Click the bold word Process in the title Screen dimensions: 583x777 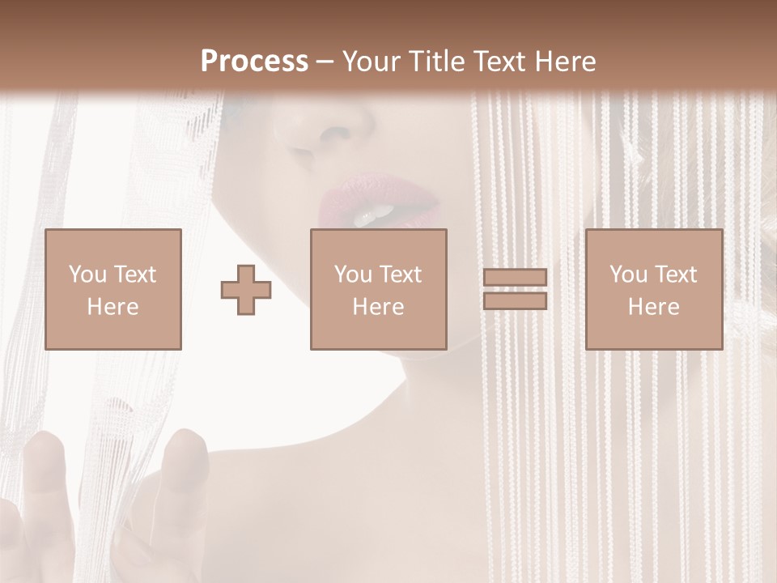tap(254, 62)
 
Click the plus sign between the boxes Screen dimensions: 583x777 tap(246, 290)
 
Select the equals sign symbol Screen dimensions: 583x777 tap(515, 289)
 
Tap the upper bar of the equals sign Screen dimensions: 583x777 tap(515, 278)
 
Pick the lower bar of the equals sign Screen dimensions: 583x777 tap(515, 300)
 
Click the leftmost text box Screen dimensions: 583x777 tap(113, 289)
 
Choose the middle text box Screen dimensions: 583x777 tap(378, 289)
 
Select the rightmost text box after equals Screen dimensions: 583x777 tap(653, 289)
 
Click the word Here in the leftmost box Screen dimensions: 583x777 tap(113, 307)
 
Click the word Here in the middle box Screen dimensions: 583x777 tap(378, 307)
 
